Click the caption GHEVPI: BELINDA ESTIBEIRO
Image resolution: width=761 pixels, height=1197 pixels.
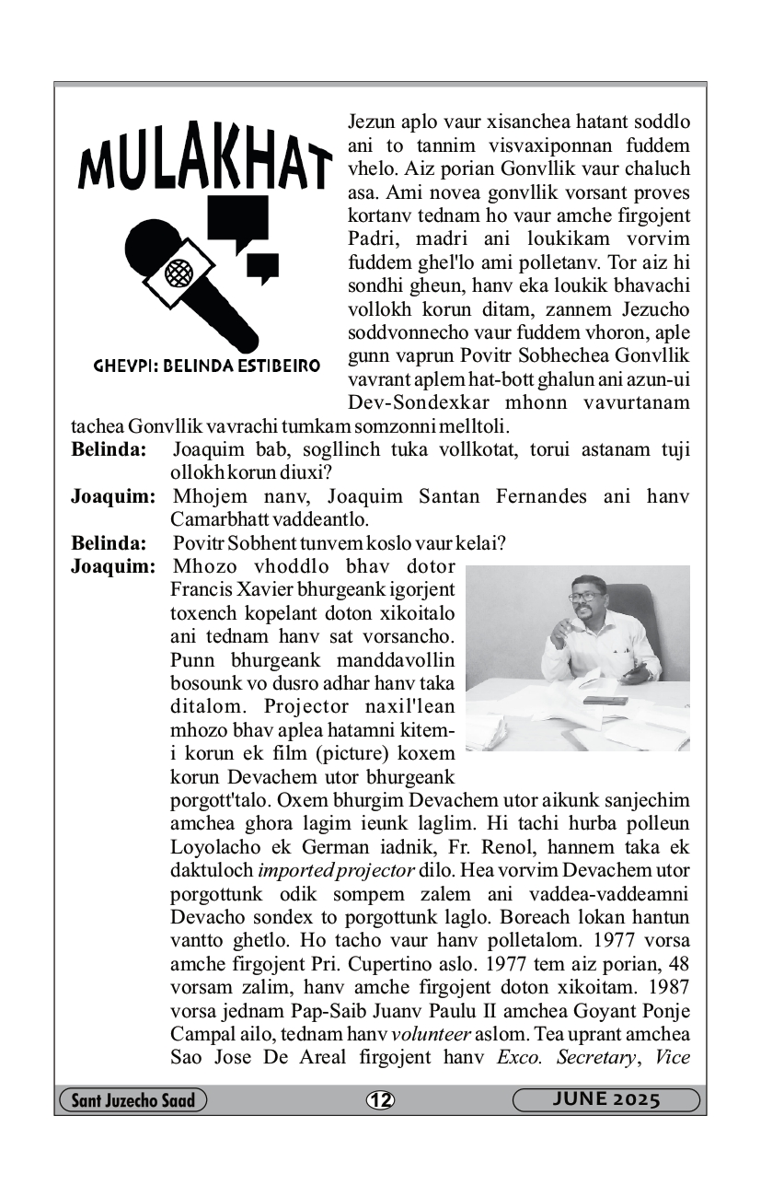tap(207, 366)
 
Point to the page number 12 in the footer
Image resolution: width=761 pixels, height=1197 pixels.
tap(379, 1099)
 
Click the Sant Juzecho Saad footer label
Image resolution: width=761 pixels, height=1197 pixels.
tap(133, 1099)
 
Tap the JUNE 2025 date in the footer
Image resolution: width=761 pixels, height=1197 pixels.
tap(606, 1099)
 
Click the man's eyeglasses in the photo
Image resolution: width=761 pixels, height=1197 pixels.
tap(583, 596)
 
